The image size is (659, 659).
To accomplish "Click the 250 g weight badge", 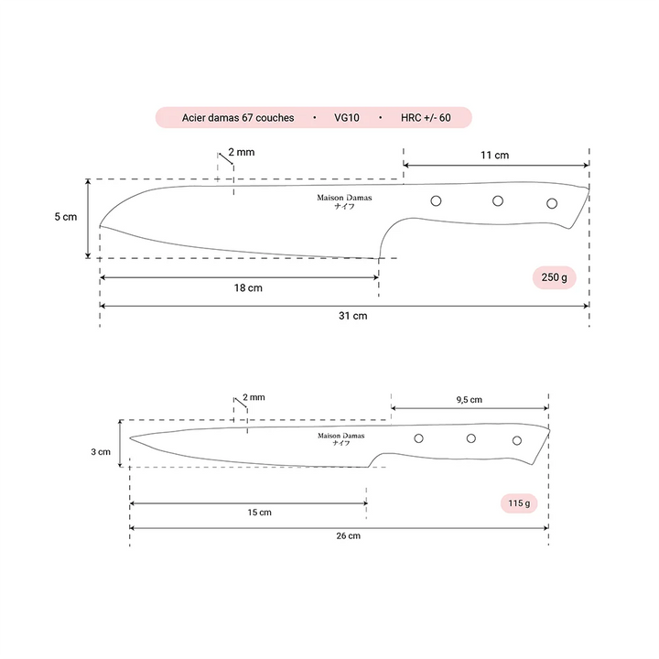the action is tap(554, 277).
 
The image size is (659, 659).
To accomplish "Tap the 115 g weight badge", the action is tap(519, 503).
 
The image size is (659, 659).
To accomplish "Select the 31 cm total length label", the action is tap(353, 316).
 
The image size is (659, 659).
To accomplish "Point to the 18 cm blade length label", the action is tap(248, 288).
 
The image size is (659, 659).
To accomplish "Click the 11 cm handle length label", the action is tap(494, 155).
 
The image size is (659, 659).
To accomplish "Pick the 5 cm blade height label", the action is tap(66, 217).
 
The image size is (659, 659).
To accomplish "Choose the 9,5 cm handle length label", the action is tap(469, 400).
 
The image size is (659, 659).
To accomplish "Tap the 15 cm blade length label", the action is tap(259, 513).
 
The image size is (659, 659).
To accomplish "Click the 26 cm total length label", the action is tap(348, 535).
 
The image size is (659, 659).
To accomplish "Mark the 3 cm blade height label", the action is tap(101, 452).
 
